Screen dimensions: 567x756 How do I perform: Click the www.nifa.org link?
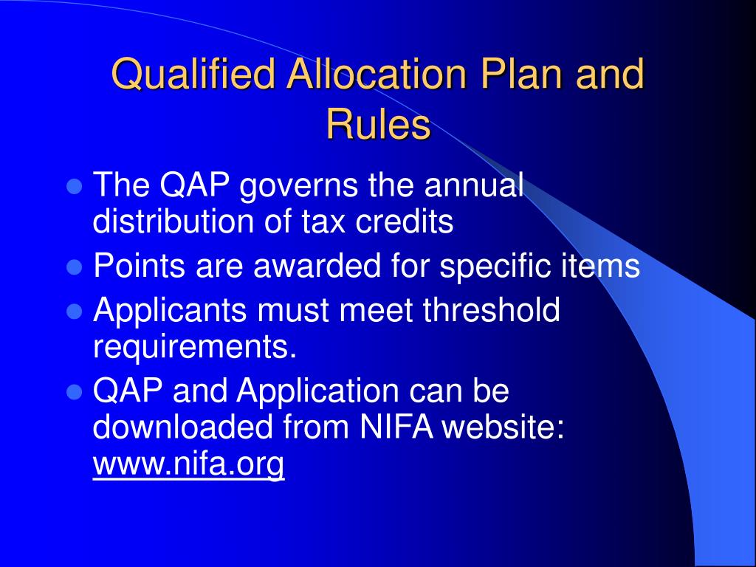coord(188,464)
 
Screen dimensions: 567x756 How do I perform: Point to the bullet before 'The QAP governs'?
coord(73,186)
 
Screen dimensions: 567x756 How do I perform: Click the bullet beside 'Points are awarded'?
coord(73,267)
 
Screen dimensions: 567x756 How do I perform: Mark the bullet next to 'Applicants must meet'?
coord(73,312)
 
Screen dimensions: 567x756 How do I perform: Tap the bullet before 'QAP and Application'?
coord(73,393)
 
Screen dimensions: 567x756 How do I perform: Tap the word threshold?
coord(491,310)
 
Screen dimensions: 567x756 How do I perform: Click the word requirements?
coord(194,346)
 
